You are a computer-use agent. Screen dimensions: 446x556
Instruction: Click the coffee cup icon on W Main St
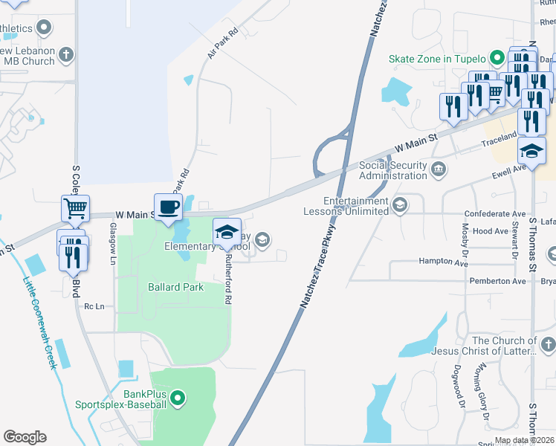coord(168,207)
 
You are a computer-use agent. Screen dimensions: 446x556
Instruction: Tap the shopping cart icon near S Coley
coord(76,210)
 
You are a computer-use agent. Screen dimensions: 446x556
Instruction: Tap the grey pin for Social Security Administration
coord(439,170)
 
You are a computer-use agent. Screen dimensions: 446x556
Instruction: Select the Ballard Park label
coord(175,286)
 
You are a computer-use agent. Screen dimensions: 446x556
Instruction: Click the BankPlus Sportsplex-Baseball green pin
coord(177,399)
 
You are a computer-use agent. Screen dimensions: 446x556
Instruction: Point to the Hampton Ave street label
coord(444,262)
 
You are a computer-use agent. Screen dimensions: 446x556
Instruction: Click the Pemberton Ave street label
coord(498,281)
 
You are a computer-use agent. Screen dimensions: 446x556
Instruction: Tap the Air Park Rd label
coord(222,44)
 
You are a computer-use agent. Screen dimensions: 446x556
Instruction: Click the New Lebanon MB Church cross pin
coord(66,54)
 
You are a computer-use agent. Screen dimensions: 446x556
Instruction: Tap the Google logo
coord(25,437)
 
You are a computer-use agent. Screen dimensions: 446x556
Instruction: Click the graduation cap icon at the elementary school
coord(227,232)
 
